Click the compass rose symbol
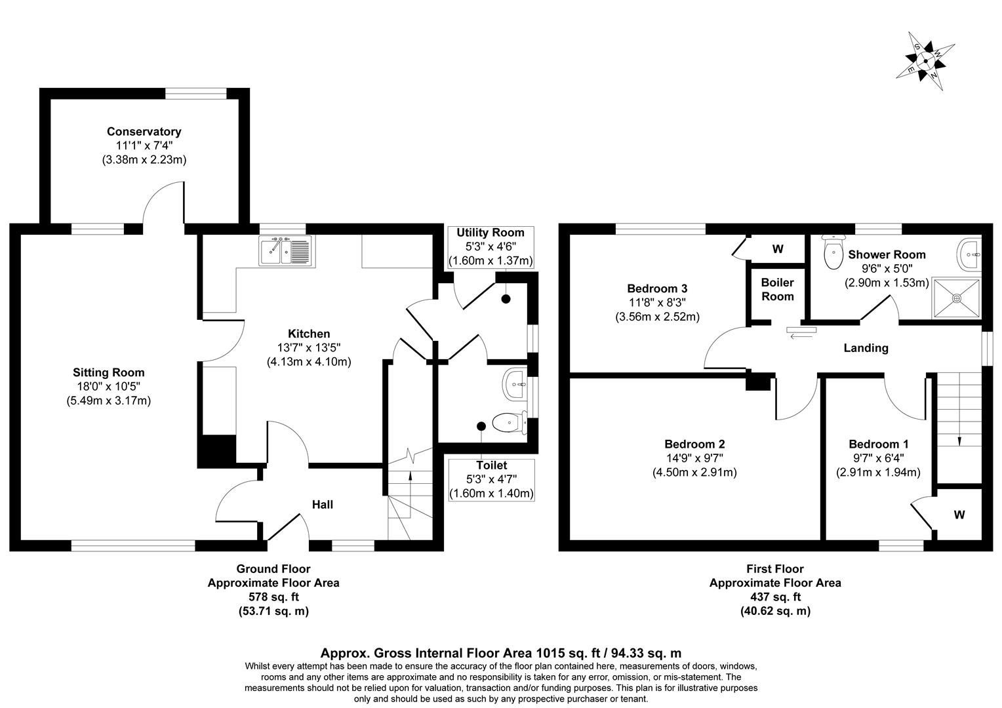click(x=925, y=61)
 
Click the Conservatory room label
click(x=144, y=132)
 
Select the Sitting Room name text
click(x=109, y=373)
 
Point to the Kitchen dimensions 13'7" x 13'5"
click(x=308, y=347)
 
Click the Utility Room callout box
click(x=491, y=246)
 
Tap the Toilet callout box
click(x=491, y=479)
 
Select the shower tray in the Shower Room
click(x=956, y=298)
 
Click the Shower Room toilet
click(x=833, y=252)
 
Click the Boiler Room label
click(x=777, y=289)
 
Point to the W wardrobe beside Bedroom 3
click(x=778, y=249)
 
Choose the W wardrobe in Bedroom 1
click(x=959, y=515)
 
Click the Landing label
click(x=866, y=348)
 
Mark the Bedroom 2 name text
click(x=694, y=444)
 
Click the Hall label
click(x=322, y=504)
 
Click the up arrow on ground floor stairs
click(x=411, y=475)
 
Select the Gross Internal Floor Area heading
click(x=500, y=653)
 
